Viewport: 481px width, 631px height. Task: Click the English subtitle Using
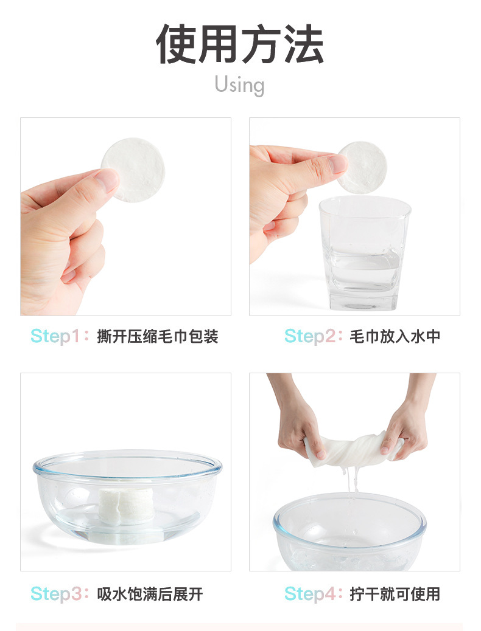[239, 84]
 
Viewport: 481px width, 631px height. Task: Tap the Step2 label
[309, 336]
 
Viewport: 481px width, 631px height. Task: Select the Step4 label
[309, 593]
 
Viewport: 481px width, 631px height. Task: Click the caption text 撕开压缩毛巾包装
[158, 336]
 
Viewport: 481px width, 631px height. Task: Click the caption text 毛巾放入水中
[395, 336]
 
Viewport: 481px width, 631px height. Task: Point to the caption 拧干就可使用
[395, 593]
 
